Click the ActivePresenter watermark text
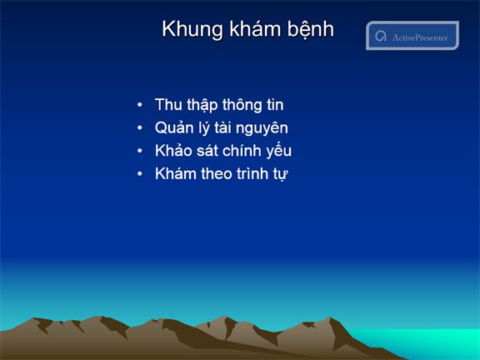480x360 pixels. pyautogui.click(x=420, y=37)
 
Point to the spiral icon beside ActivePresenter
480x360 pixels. pyautogui.click(x=381, y=36)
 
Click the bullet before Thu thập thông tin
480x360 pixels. pyautogui.click(x=140, y=105)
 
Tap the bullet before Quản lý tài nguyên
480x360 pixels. pyautogui.click(x=140, y=127)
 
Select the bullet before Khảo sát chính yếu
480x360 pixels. pyautogui.click(x=140, y=151)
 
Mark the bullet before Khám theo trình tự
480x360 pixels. pyautogui.click(x=140, y=173)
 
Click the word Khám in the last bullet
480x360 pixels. pyautogui.click(x=176, y=173)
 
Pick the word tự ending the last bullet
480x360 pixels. pyautogui.click(x=281, y=174)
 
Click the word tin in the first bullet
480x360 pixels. pyautogui.click(x=275, y=105)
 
